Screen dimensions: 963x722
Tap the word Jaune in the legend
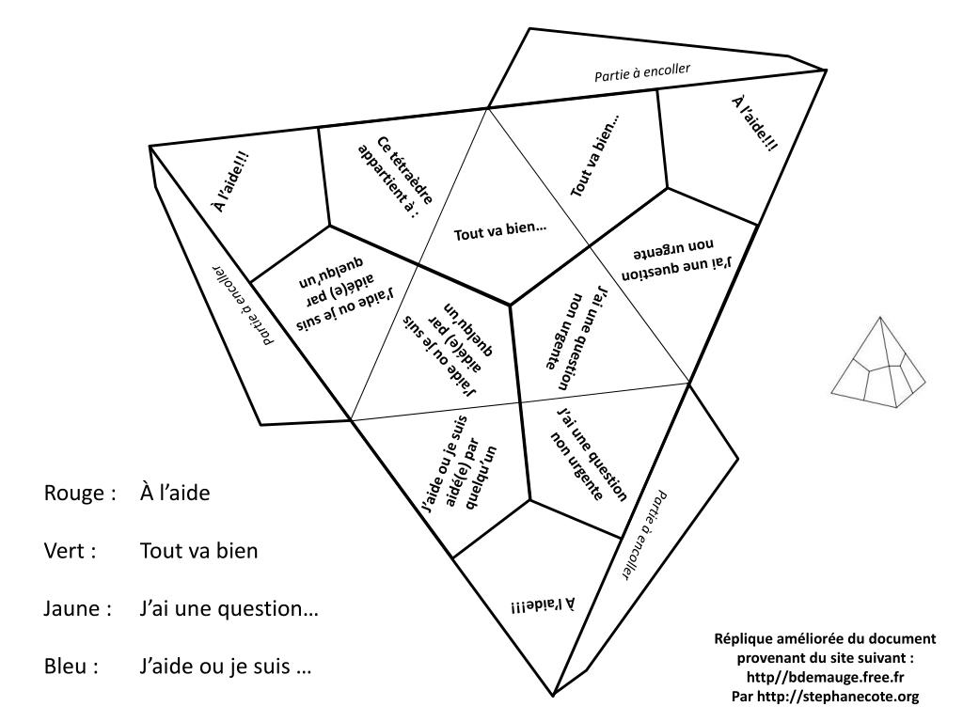tap(72, 609)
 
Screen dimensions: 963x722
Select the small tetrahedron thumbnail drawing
tap(879, 362)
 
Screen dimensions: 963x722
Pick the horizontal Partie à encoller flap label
tap(642, 71)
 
